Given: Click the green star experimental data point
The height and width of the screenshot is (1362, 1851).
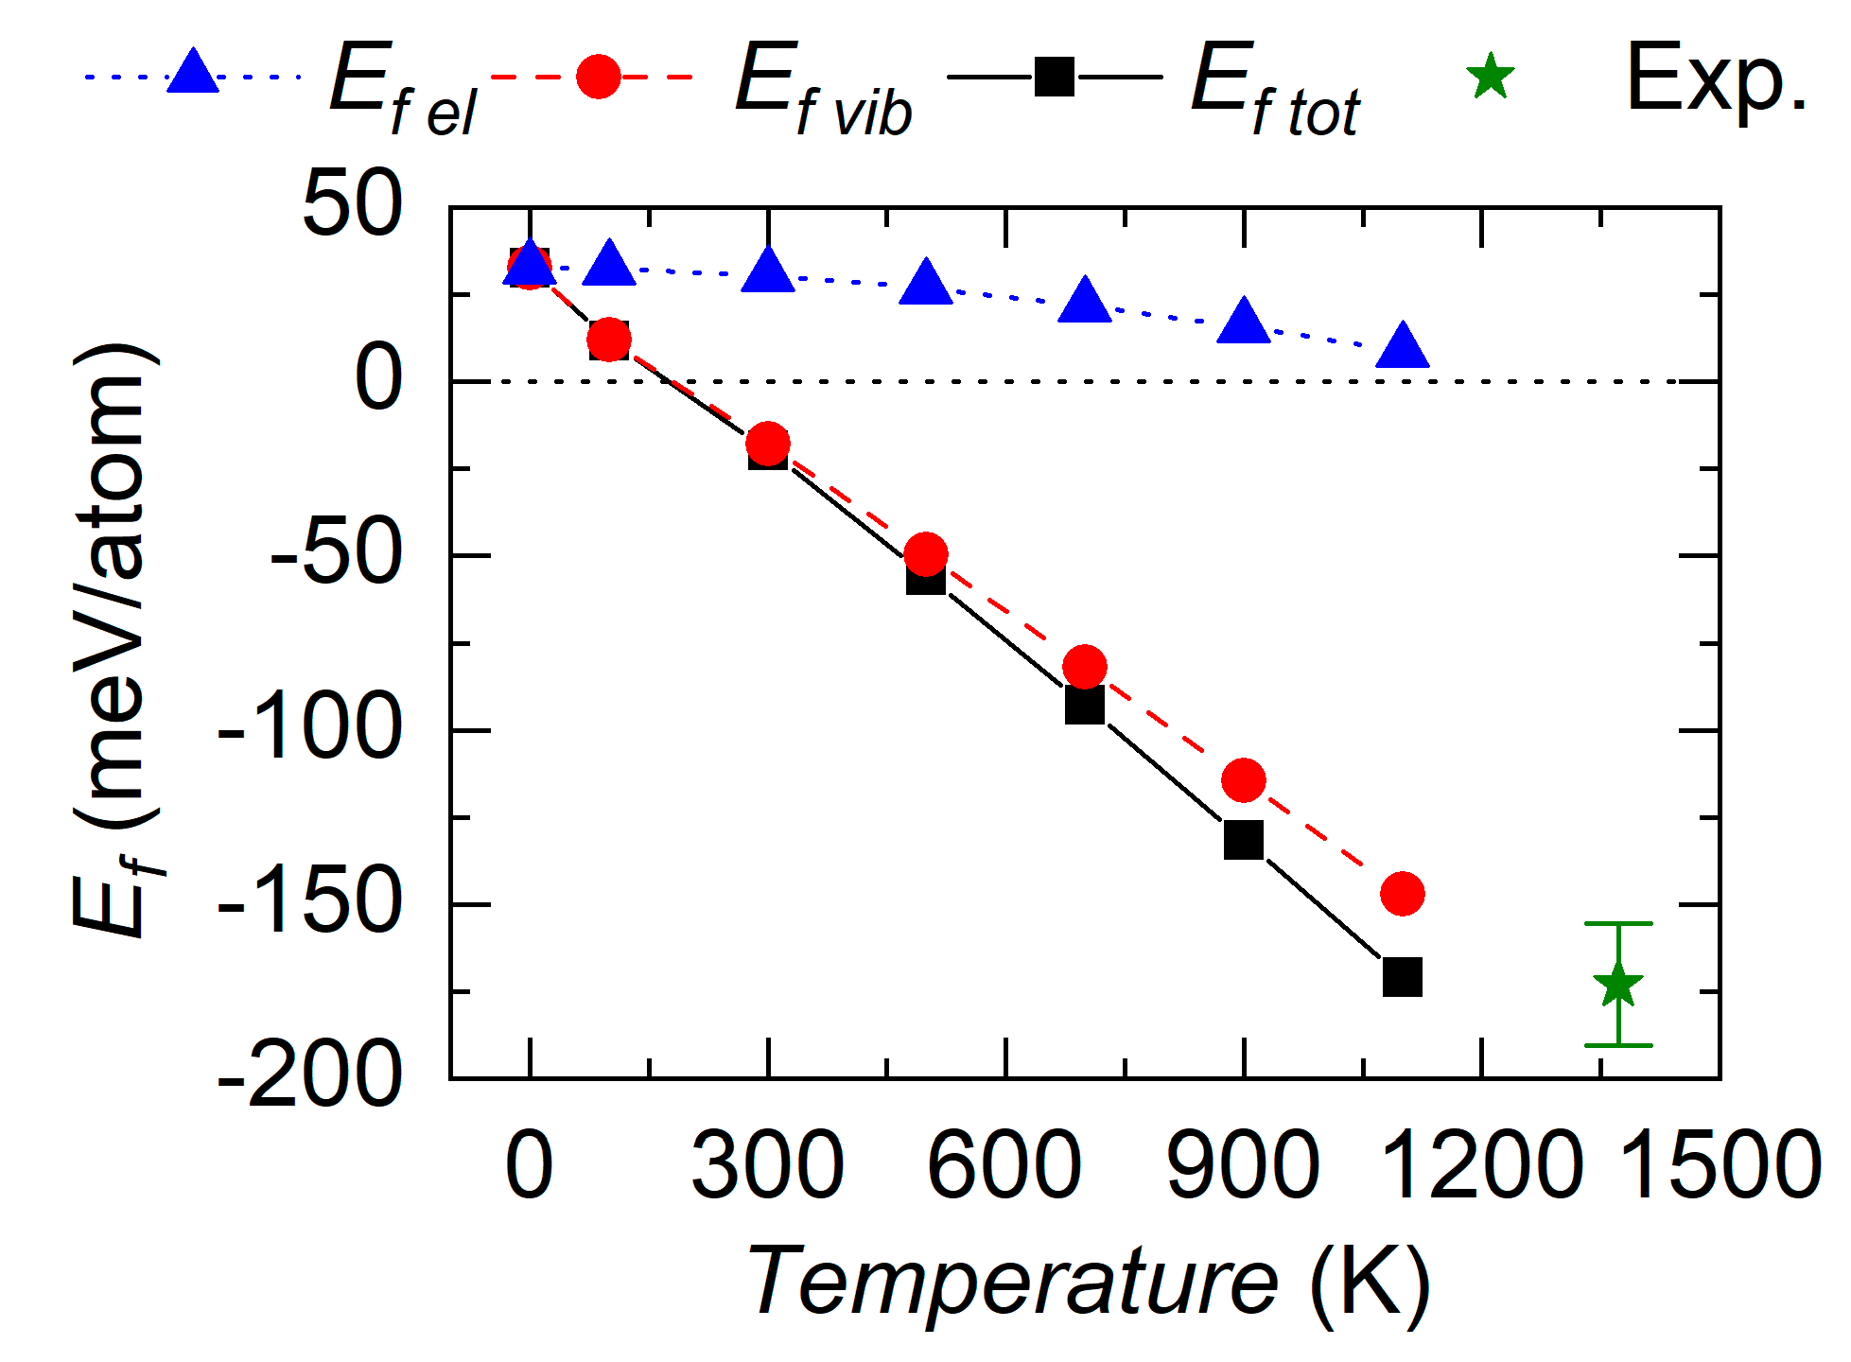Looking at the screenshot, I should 1617,985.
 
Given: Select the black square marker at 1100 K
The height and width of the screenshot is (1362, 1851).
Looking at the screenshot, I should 1402,977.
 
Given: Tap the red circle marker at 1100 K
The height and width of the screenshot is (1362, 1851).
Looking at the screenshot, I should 1402,894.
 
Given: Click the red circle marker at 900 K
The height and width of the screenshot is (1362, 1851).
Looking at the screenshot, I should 1243,780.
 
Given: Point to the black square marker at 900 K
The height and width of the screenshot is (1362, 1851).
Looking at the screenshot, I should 1243,839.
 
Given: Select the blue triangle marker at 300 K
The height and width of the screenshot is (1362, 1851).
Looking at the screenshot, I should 768,271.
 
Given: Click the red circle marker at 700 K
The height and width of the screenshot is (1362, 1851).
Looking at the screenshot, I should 1084,667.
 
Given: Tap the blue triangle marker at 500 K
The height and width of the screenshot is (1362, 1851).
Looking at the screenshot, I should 926,283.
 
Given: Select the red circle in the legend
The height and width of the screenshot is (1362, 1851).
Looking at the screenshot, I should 598,76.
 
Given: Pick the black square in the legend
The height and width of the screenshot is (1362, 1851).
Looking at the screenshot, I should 1054,77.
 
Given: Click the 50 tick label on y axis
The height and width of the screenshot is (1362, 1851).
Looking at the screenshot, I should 352,205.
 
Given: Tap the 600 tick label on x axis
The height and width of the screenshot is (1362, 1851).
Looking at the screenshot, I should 1004,1166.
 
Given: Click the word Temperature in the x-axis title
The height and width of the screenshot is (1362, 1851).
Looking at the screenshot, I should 1012,1282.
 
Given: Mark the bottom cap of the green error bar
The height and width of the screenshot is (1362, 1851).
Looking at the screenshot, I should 1617,1045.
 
